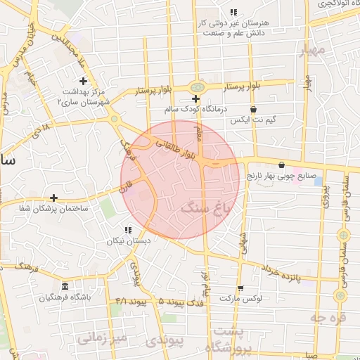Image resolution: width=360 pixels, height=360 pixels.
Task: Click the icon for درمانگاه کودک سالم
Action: coord(195,98)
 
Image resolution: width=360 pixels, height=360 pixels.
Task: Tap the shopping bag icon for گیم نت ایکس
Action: coord(253,109)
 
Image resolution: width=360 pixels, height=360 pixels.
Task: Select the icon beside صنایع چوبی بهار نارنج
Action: coord(282,165)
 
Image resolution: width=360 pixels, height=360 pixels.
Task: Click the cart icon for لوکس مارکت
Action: coord(240,288)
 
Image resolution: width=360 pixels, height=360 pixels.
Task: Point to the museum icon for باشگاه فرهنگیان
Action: coord(65,286)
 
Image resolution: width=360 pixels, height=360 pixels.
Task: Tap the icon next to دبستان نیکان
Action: coord(128,230)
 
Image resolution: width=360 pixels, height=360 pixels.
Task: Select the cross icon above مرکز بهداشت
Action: coord(83,82)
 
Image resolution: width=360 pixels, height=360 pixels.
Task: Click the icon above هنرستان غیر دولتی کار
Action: coord(233,12)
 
